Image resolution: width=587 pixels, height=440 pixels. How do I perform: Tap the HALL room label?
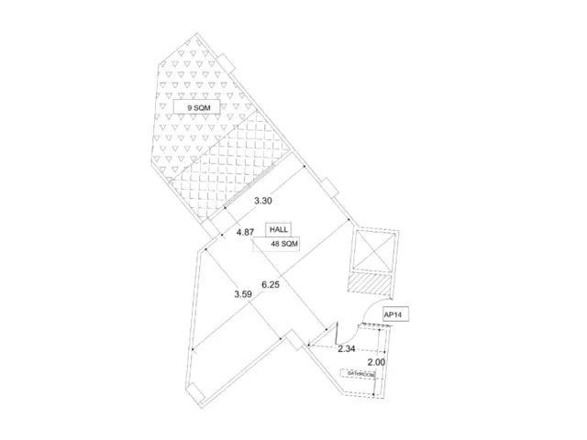click(x=279, y=230)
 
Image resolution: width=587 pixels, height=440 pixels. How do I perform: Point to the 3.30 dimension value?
click(x=263, y=201)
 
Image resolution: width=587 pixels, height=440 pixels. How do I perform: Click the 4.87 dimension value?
click(x=245, y=232)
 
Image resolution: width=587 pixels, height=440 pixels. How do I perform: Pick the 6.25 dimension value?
click(x=271, y=285)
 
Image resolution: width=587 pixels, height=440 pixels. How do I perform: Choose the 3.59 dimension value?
click(x=243, y=294)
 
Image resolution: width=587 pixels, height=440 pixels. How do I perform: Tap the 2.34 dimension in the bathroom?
click(x=347, y=349)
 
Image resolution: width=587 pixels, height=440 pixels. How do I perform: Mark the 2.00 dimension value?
click(x=376, y=362)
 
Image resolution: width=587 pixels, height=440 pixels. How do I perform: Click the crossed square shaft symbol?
click(x=374, y=250)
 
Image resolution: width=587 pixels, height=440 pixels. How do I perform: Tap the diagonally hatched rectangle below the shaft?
click(x=370, y=283)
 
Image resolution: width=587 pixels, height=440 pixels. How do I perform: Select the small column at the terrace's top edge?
click(x=227, y=63)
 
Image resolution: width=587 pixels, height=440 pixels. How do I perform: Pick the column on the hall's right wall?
click(x=330, y=187)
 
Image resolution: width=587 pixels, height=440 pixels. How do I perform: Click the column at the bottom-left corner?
click(x=196, y=393)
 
